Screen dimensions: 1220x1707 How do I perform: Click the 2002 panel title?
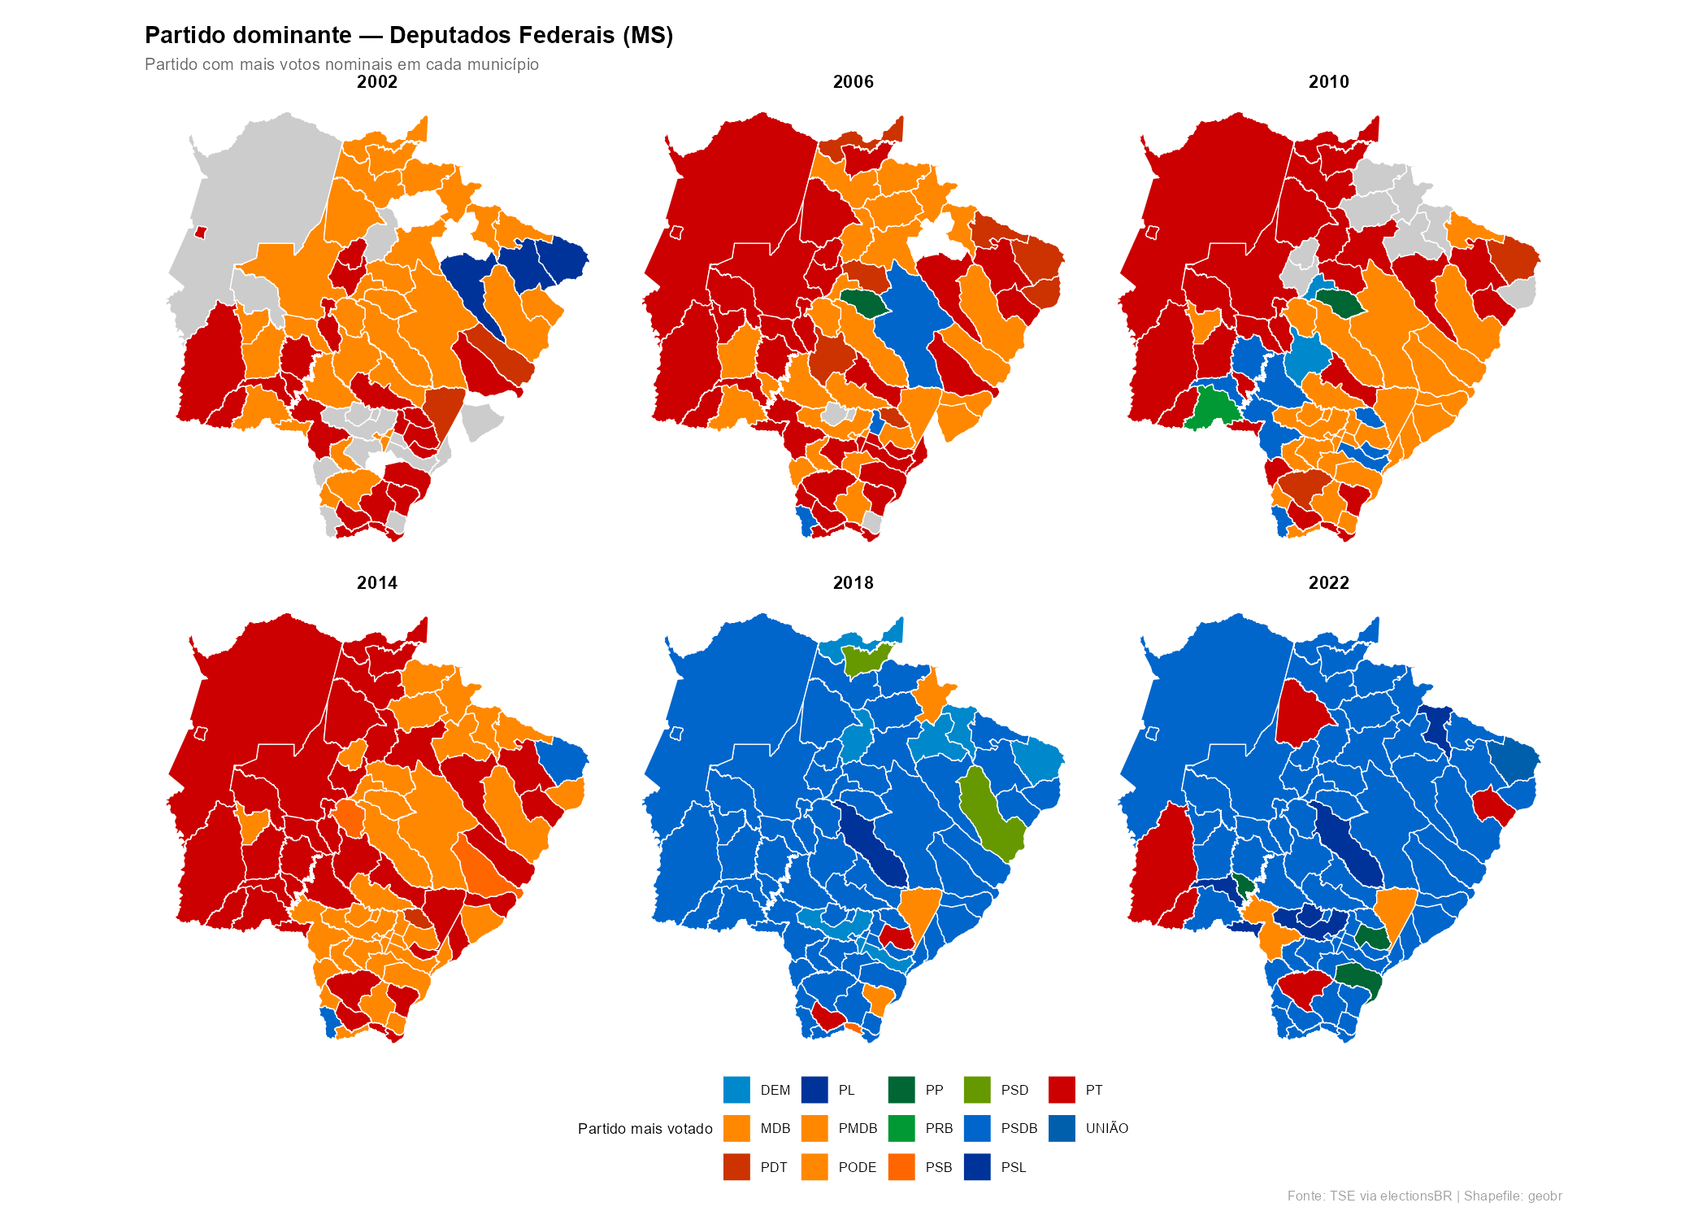pos(377,82)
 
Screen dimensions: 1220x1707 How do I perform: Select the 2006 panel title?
pos(853,82)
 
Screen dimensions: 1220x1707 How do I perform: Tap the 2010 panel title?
pos(1328,82)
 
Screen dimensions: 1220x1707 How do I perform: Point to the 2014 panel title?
pos(377,583)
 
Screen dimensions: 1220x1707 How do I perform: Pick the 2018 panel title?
pos(853,583)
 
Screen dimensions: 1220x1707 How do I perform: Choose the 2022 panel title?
pos(1328,583)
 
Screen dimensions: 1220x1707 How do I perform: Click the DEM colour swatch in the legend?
pos(736,1090)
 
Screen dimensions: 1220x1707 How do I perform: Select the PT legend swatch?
pos(1062,1090)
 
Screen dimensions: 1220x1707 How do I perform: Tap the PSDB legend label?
pos(1019,1129)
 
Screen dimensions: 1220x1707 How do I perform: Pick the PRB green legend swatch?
pos(901,1129)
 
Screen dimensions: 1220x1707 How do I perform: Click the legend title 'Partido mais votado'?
pos(645,1129)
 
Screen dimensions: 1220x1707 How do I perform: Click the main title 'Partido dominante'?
pos(409,36)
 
